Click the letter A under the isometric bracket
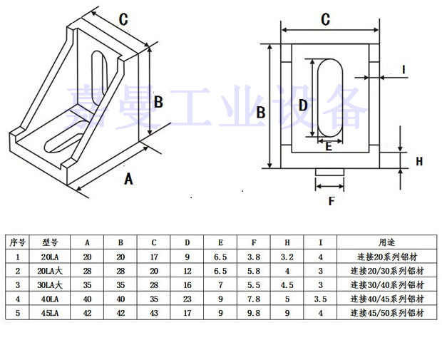click(128, 178)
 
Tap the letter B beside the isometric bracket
click(158, 102)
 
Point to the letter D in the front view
click(302, 106)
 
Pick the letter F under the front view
click(331, 201)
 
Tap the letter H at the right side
click(419, 162)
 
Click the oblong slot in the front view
click(329, 98)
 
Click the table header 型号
click(50, 242)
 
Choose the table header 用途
click(386, 242)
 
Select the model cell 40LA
click(50, 299)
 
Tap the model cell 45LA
click(50, 312)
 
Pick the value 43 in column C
click(154, 312)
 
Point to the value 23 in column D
click(187, 299)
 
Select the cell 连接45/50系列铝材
click(386, 312)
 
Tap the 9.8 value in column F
click(253, 312)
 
